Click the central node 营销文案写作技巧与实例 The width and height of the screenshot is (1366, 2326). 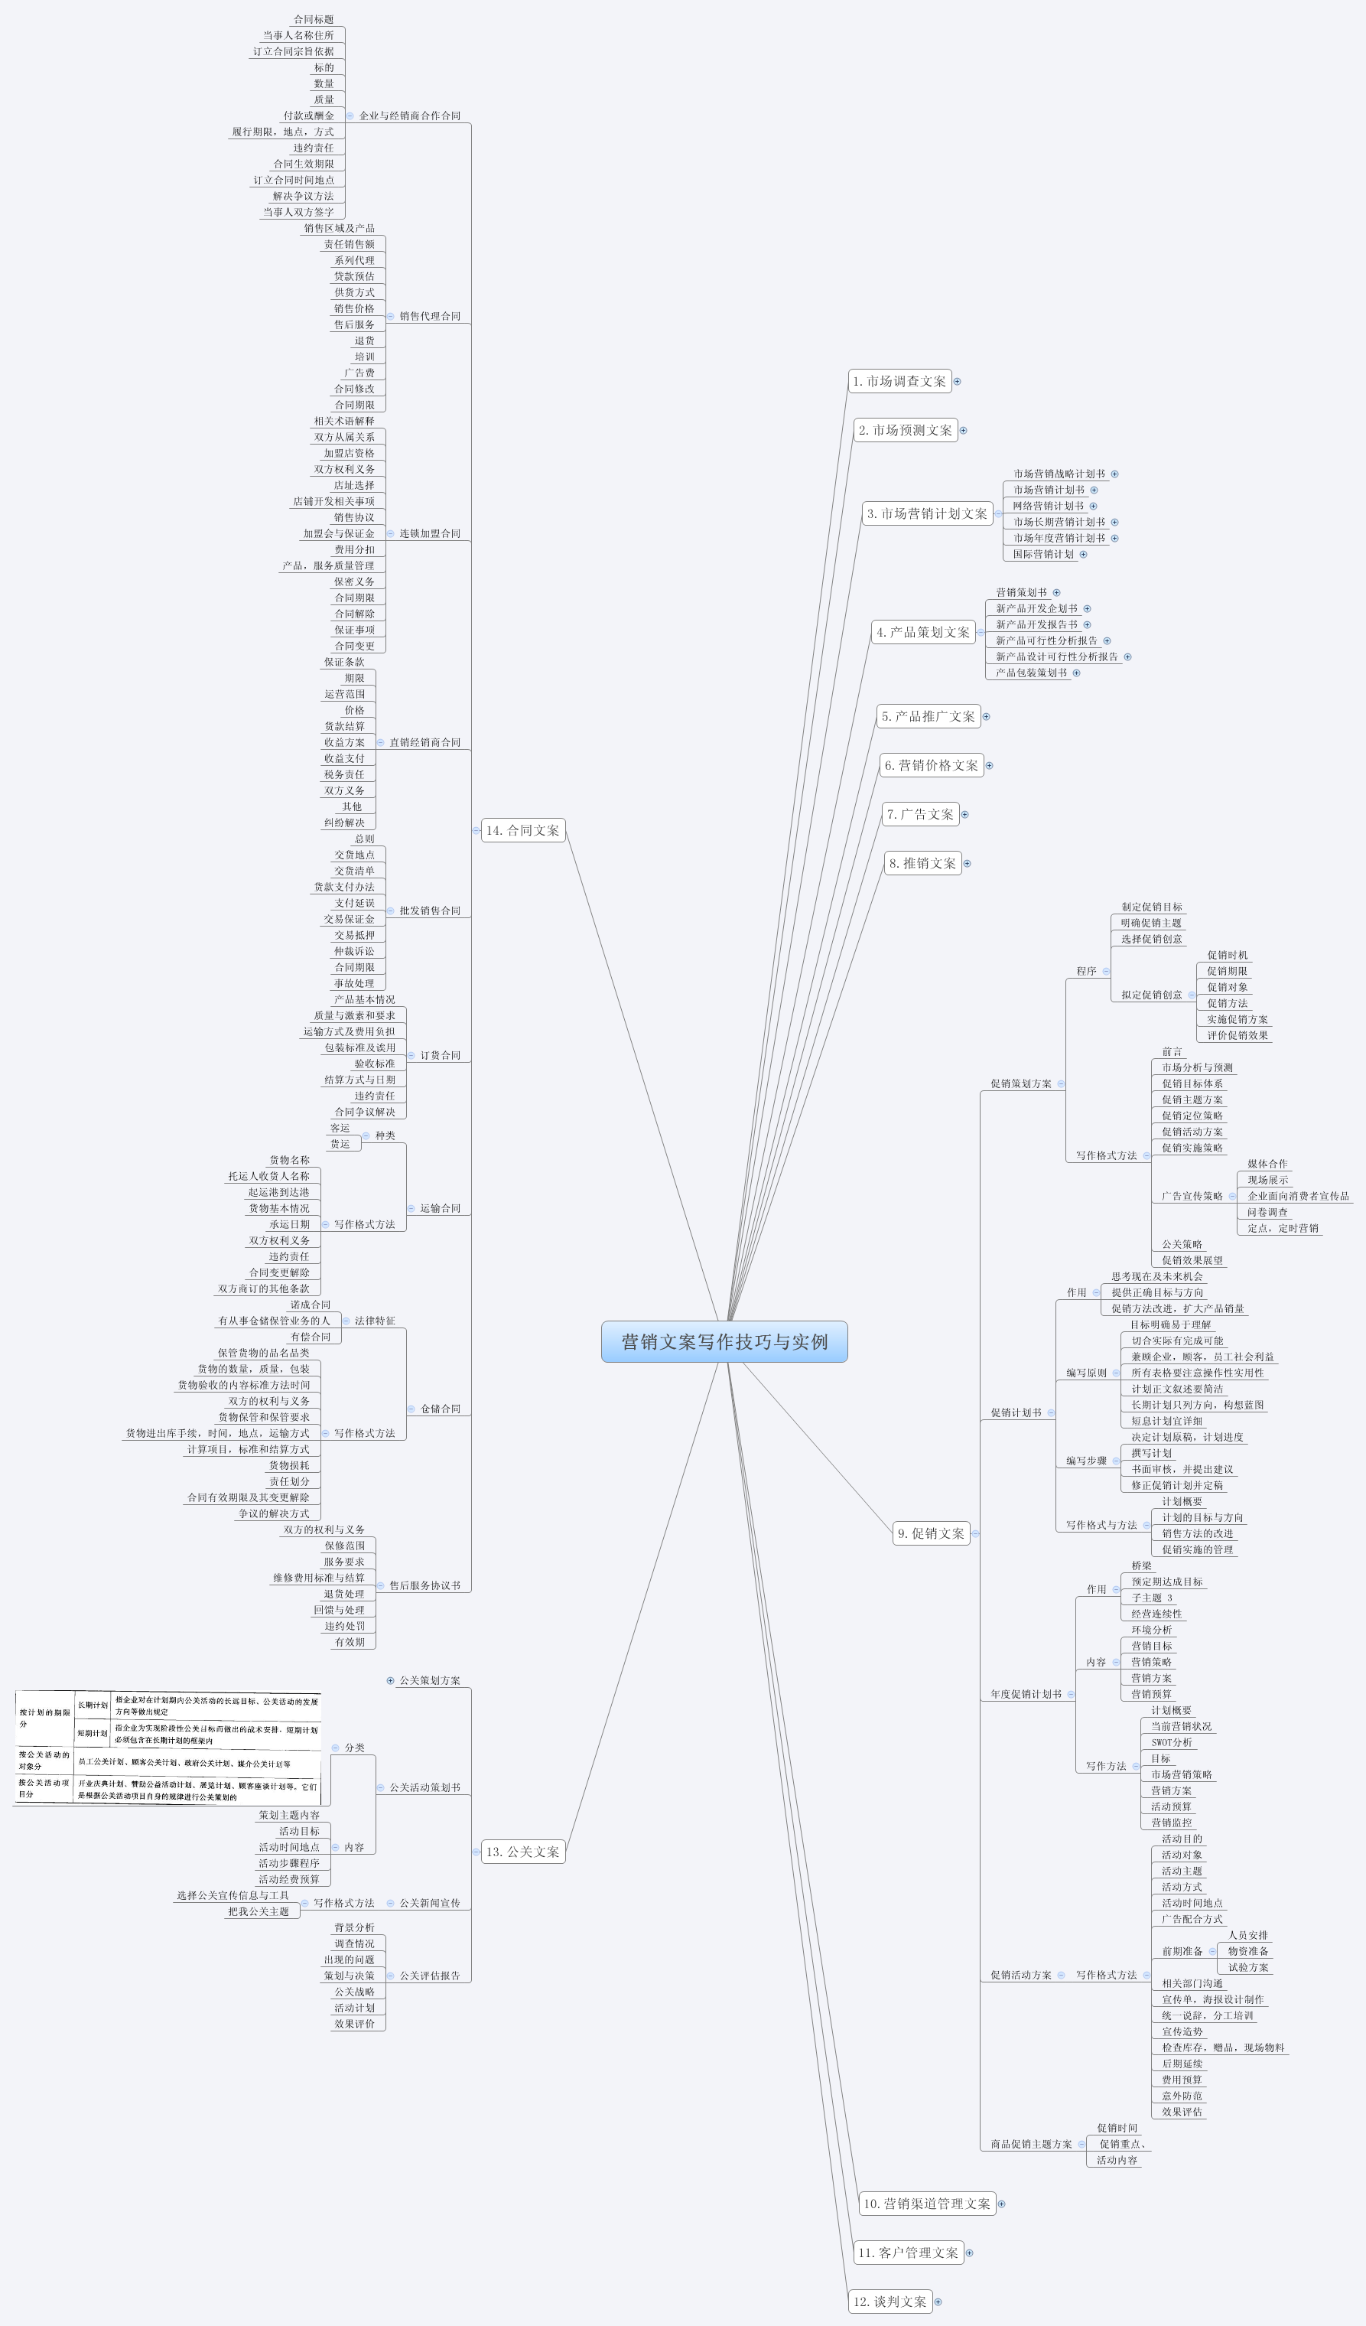tap(724, 1341)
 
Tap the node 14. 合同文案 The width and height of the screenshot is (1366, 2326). tap(522, 831)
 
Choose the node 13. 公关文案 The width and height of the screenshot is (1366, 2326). tap(522, 1852)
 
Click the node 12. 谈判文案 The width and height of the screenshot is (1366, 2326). tap(889, 2301)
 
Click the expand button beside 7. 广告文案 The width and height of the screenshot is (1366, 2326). tap(964, 814)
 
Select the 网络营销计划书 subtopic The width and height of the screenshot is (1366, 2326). tap(1048, 506)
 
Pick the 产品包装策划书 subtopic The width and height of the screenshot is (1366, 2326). tap(1031, 673)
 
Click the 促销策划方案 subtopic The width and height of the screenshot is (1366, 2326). tap(1021, 1083)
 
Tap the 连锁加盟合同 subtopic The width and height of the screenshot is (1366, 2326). tap(429, 533)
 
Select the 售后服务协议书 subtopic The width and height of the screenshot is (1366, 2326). tap(424, 1586)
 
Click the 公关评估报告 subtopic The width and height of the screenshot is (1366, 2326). tap(429, 1976)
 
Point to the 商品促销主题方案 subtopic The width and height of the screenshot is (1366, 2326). tap(1031, 2144)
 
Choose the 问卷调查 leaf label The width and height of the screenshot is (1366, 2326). tap(1267, 1212)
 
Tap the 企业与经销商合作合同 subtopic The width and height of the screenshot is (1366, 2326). tap(409, 116)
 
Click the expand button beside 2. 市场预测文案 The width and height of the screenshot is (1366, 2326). tap(963, 430)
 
